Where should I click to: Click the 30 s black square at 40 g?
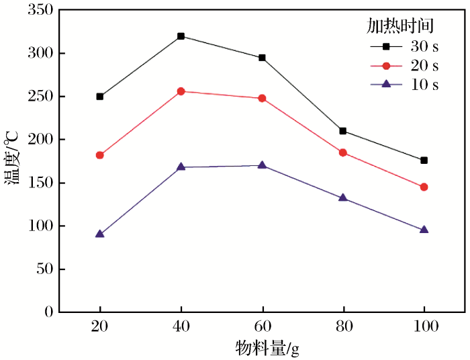(181, 36)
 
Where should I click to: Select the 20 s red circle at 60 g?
(262, 98)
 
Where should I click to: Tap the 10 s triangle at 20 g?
(100, 234)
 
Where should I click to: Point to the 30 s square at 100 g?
(424, 161)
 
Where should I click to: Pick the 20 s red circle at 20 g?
(100, 155)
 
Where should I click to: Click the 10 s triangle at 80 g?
(343, 197)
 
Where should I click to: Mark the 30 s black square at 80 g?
(343, 131)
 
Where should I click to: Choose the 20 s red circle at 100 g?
(424, 187)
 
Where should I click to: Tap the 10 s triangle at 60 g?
(262, 165)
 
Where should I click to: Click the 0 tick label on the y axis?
(48, 312)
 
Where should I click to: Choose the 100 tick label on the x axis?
(424, 327)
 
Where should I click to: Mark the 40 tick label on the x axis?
(181, 327)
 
